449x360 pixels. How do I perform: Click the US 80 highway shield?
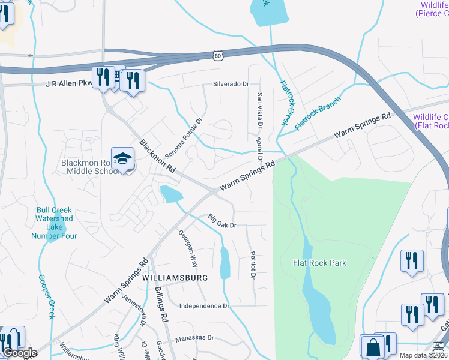[217, 55]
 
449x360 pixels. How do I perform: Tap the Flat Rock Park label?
[319, 263]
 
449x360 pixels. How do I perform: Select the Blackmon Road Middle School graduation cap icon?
[122, 159]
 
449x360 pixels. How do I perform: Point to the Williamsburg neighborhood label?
[175, 278]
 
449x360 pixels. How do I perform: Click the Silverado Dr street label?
[229, 84]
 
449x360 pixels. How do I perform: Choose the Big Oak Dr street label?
[223, 221]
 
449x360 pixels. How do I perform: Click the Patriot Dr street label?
[253, 265]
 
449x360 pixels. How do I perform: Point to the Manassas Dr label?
[194, 338]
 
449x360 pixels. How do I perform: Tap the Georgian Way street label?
[188, 248]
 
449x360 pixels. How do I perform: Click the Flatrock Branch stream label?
[318, 111]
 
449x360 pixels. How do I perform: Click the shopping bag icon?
[372, 346]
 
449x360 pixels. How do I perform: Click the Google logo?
[19, 353]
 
